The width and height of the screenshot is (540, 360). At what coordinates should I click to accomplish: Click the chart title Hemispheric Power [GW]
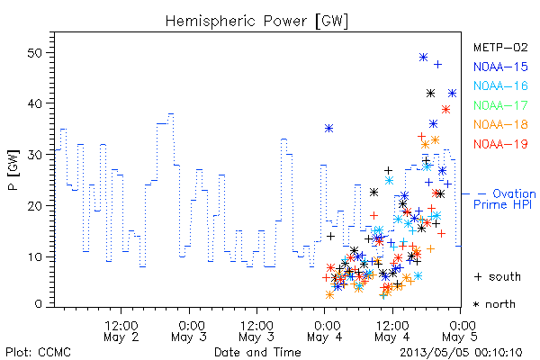tap(256, 21)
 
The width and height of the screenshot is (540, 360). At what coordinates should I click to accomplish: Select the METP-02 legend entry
tap(500, 47)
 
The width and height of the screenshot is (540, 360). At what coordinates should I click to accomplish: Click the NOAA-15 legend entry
tap(500, 67)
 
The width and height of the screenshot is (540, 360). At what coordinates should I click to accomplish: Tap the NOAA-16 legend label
tap(500, 85)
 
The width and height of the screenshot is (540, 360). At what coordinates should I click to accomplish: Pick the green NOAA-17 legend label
tap(500, 105)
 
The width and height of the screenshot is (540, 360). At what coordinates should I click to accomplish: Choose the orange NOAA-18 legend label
tap(500, 124)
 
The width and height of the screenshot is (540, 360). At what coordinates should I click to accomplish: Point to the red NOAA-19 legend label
tap(500, 144)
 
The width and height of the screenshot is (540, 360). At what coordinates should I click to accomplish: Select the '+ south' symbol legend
tap(498, 276)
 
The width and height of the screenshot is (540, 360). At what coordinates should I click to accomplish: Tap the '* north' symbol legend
tap(494, 304)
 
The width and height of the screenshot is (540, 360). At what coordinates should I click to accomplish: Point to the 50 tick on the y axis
tap(39, 53)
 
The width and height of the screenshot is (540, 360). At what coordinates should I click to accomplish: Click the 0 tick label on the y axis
tap(39, 304)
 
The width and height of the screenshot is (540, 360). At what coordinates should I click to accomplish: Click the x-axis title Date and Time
tap(257, 353)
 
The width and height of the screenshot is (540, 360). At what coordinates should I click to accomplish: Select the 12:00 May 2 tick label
tap(121, 331)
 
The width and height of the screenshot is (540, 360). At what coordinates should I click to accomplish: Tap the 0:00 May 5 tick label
tap(460, 331)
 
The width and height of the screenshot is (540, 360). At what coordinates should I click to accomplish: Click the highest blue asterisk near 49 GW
tap(423, 58)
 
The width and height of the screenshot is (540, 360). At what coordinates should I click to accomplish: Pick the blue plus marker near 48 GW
tap(437, 65)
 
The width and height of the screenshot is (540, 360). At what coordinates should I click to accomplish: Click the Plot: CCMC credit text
tap(38, 353)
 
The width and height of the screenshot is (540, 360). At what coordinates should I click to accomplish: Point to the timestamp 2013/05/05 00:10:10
tap(461, 353)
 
